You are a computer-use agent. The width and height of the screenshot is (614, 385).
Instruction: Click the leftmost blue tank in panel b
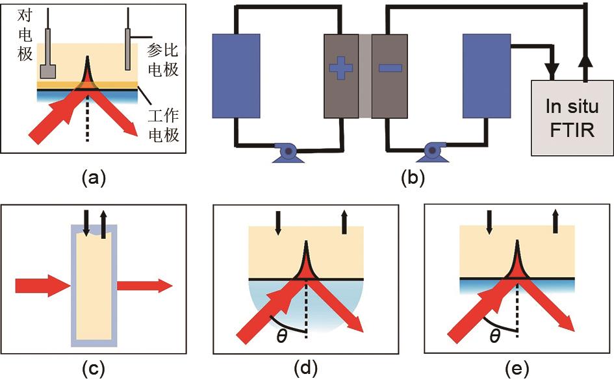pos(237,75)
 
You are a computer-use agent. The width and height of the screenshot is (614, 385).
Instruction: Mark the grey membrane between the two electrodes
pos(365,75)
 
